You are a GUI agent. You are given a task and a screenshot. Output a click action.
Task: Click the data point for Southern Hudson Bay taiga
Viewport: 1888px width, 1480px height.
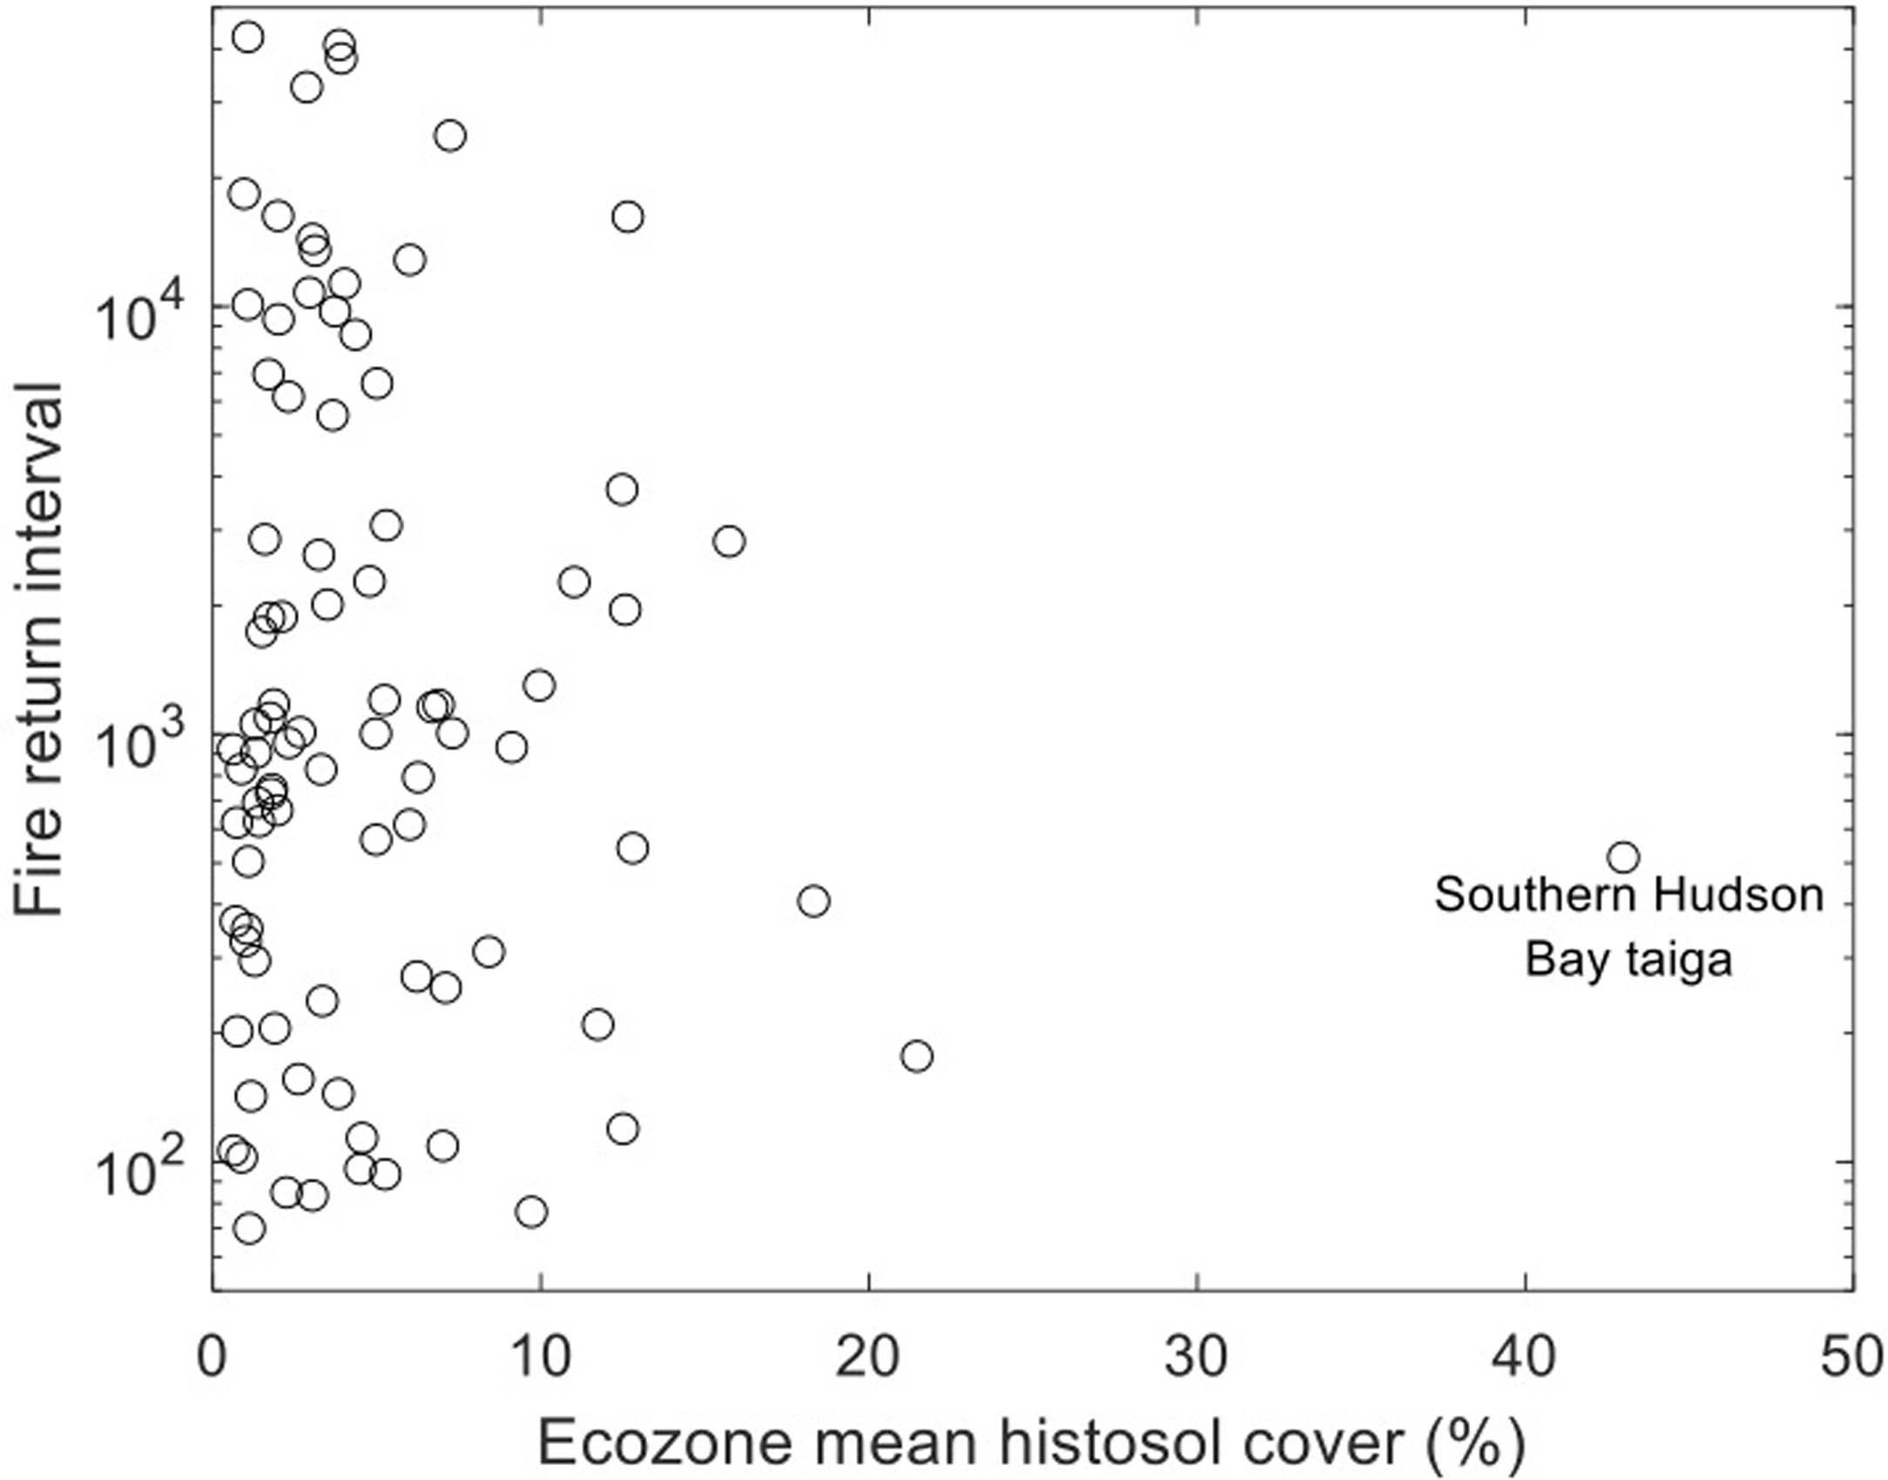click(1623, 857)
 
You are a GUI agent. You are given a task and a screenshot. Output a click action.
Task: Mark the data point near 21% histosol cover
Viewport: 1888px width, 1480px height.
click(917, 1057)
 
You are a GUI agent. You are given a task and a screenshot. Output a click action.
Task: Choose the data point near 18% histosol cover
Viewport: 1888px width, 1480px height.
click(813, 901)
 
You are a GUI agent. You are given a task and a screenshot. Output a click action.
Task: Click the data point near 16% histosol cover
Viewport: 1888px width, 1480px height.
click(729, 541)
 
